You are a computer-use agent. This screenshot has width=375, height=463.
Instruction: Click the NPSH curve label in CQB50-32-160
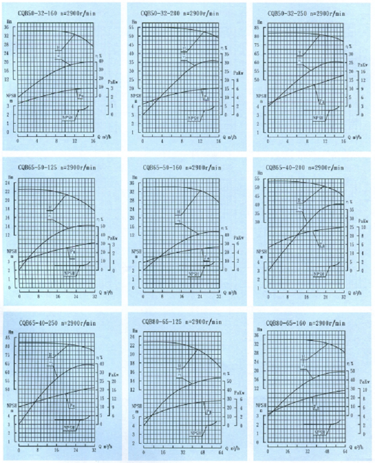(x=67, y=118)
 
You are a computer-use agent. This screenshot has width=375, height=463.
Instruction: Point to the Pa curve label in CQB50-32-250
(x=322, y=102)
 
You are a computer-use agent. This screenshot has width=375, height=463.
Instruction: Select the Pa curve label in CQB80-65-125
(x=209, y=411)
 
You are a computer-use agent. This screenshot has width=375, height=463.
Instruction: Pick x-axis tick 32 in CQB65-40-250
(x=94, y=450)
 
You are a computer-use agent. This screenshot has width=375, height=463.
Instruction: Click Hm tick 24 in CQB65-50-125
(x=8, y=183)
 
